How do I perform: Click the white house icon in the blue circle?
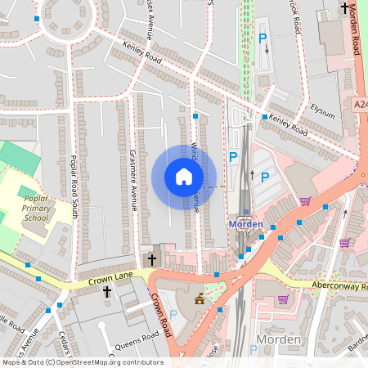tap(184, 177)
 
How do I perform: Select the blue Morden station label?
tap(245, 224)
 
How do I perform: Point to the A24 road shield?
tap(360, 105)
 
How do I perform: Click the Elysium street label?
tap(322, 110)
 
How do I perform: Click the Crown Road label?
tap(160, 317)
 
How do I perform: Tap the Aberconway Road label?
tap(339, 286)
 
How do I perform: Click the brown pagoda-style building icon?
tap(198, 301)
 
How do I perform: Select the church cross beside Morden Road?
tap(344, 8)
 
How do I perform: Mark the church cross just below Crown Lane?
tap(107, 291)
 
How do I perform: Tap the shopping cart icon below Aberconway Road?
tap(283, 299)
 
